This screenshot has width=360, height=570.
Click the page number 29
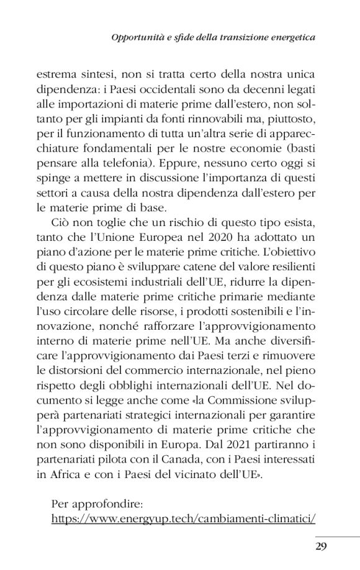point(321,546)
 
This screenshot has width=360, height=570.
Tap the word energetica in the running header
point(290,38)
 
